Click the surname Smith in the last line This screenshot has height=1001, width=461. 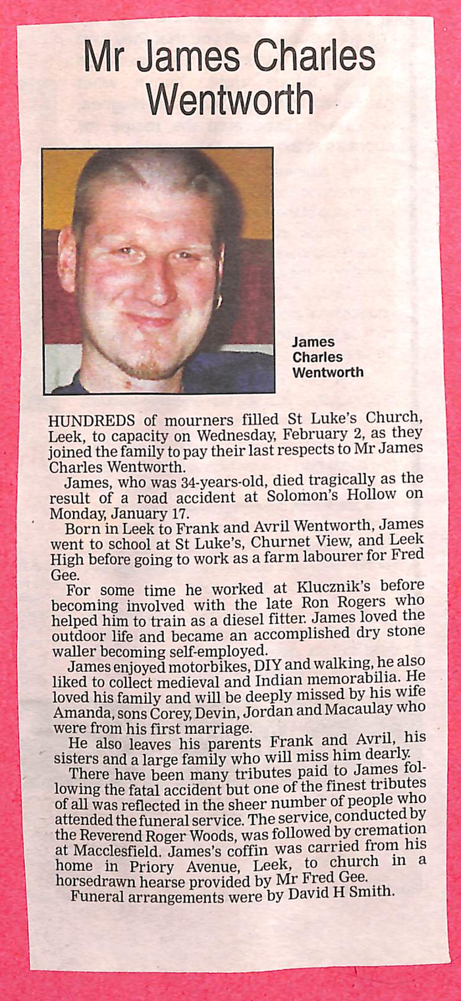pyautogui.click(x=375, y=892)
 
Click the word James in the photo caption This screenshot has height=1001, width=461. pyautogui.click(x=313, y=342)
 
